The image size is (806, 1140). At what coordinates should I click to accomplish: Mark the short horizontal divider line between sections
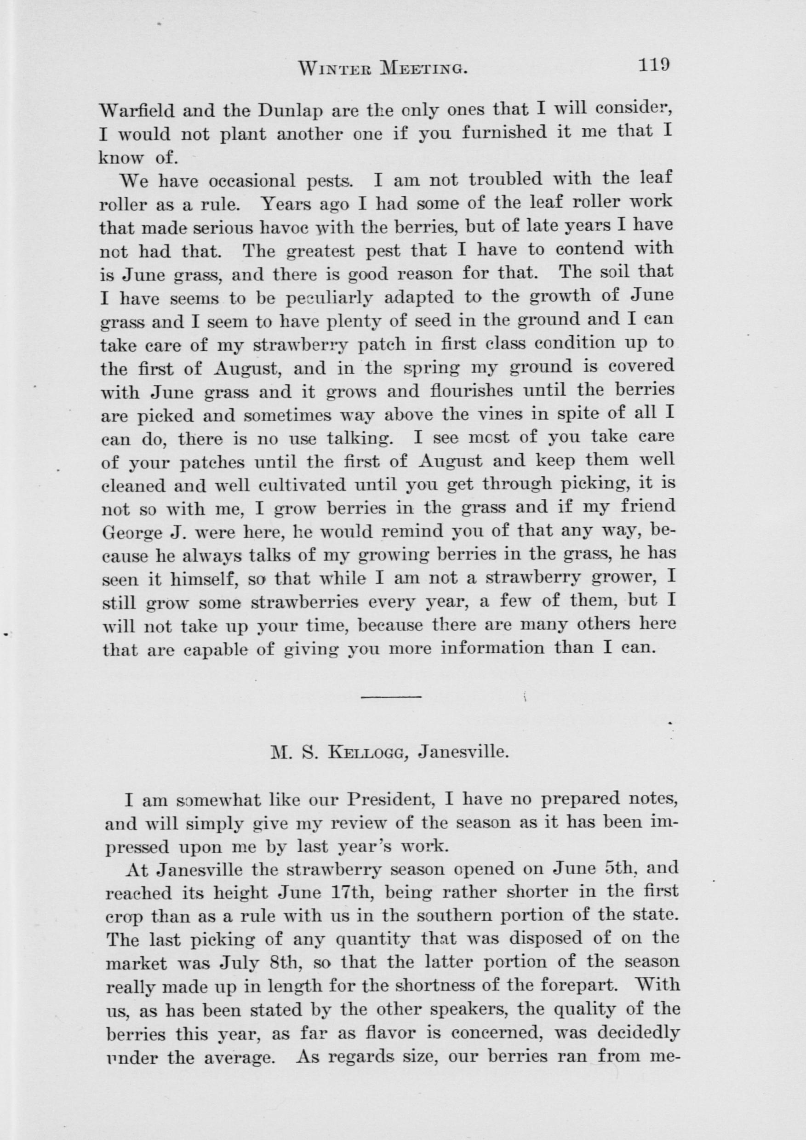click(x=391, y=697)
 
